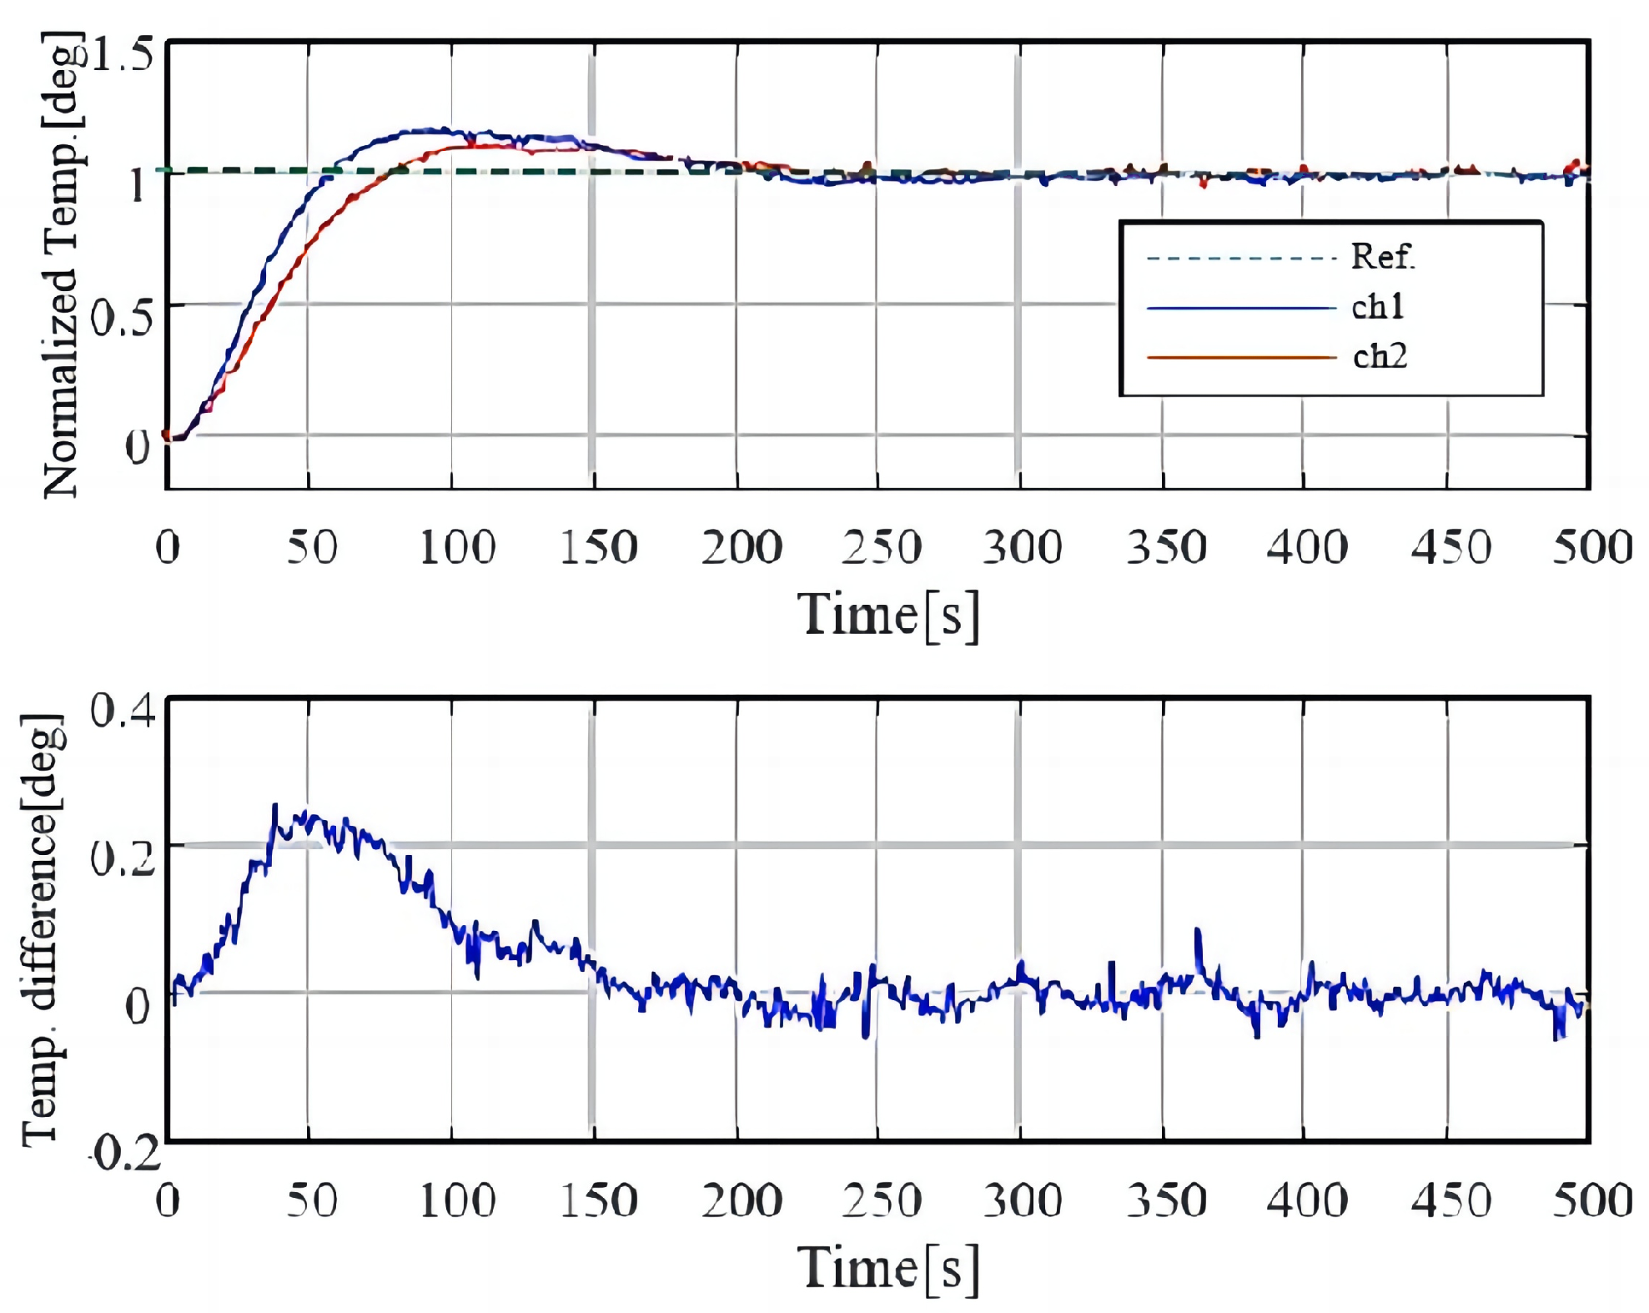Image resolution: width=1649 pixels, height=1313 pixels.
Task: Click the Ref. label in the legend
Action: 1382,256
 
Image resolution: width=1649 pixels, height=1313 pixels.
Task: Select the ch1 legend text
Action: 1377,307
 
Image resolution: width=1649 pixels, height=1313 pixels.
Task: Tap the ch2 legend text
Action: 1379,356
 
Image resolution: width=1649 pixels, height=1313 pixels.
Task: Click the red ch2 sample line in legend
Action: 1240,357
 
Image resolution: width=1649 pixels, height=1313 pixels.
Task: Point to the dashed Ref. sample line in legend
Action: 1240,258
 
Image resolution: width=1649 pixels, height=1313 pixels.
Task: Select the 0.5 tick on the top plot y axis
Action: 122,318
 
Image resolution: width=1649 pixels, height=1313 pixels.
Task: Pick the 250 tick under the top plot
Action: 881,548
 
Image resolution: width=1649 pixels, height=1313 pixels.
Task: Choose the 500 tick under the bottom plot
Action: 1591,1201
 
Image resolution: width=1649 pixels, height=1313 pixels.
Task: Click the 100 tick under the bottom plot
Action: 457,1201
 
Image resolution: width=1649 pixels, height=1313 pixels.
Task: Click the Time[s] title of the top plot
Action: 887,616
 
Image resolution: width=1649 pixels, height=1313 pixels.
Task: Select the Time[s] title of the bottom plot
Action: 887,1269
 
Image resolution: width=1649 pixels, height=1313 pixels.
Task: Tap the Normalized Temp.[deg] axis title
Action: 63,265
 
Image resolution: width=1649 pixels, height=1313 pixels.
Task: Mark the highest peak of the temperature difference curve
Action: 274,806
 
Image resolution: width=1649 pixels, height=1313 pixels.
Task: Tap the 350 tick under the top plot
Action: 1166,548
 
